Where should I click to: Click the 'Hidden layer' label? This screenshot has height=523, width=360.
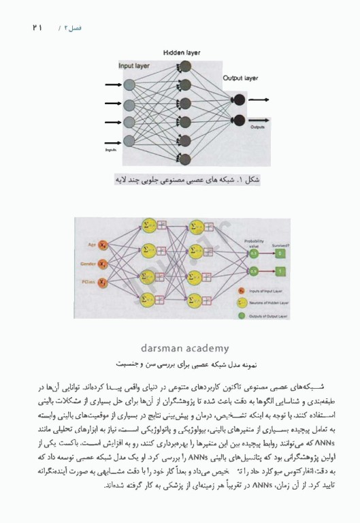(x=181, y=52)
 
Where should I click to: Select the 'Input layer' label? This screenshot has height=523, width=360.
(x=135, y=67)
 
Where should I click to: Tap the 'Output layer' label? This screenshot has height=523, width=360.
(x=240, y=78)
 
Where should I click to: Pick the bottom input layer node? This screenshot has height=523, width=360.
(x=129, y=142)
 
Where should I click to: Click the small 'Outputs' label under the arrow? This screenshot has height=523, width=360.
(x=257, y=127)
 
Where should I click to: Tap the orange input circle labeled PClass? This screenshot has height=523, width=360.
(x=103, y=281)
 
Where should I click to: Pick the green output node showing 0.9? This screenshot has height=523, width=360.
(x=253, y=271)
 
